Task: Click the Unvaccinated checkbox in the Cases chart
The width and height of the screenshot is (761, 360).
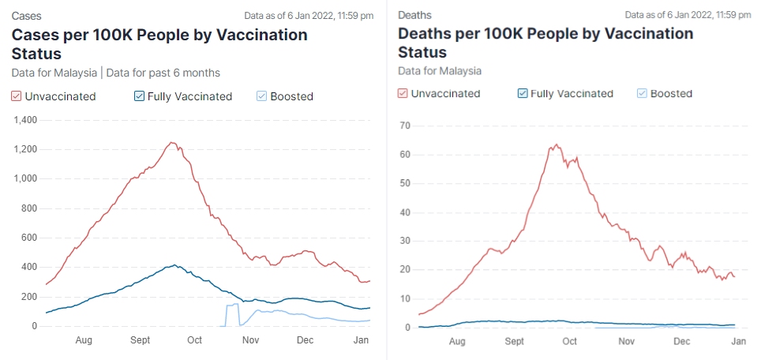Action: (17, 96)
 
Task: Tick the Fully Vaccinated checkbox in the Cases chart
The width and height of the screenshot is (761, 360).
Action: (140, 96)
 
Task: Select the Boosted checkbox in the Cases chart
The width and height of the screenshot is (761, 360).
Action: (262, 96)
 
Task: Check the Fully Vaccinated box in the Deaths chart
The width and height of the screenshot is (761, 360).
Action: (522, 93)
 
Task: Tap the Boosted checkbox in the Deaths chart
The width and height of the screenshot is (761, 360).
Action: (642, 93)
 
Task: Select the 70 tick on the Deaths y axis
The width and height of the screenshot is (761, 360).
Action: (406, 126)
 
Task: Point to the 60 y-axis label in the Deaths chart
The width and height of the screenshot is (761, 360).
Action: (406, 155)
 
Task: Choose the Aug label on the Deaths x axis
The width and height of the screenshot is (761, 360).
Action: (457, 342)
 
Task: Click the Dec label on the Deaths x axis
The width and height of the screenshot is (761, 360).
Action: (682, 342)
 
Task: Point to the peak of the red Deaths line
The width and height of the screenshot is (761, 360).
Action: (557, 144)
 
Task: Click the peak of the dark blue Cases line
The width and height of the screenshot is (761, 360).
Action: (174, 265)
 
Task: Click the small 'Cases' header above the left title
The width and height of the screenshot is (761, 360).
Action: (26, 15)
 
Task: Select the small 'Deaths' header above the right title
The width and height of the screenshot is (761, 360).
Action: (414, 15)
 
